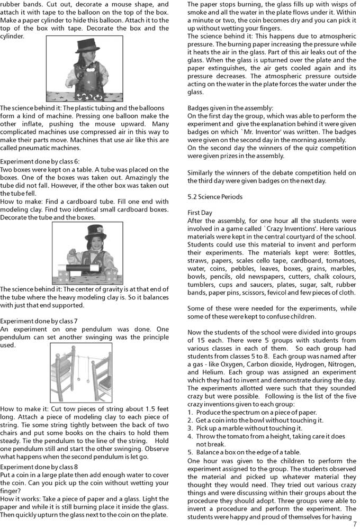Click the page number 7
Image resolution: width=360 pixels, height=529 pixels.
coord(355,524)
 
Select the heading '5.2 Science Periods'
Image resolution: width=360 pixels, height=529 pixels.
coord(215,197)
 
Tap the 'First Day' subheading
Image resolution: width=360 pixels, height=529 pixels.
coord(200,213)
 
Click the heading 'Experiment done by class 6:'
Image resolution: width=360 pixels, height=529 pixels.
coord(40,161)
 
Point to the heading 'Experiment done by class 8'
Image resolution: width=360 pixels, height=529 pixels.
coord(39,467)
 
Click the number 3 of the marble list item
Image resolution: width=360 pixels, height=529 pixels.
coord(191,428)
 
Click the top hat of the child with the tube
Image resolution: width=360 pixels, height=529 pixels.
coord(95,231)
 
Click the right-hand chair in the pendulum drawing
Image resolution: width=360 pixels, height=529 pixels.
coord(108,378)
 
